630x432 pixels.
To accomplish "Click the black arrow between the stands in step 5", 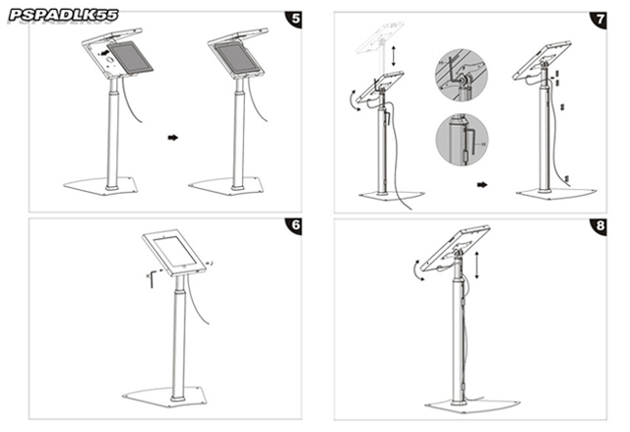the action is point(173,138).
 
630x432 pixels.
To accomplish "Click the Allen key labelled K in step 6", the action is point(151,277).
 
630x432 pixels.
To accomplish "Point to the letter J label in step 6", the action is point(213,263).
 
